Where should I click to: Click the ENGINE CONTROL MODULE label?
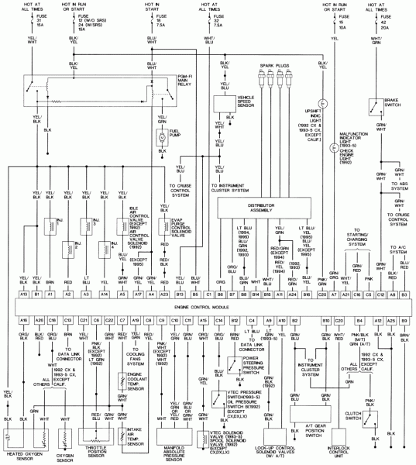(208, 307)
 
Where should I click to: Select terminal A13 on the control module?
(24, 294)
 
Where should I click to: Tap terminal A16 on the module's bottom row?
(24, 319)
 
